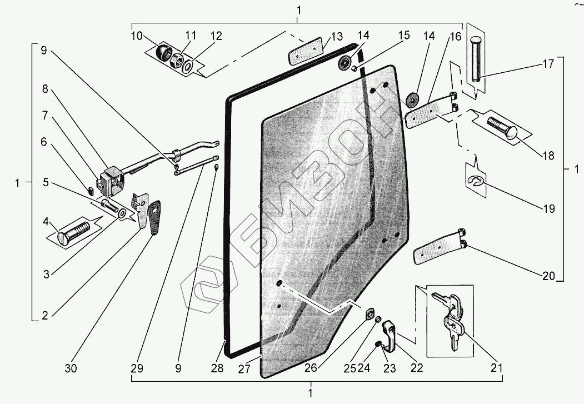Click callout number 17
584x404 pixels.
548,64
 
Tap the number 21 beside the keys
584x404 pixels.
496,368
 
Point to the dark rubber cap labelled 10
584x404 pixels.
164,54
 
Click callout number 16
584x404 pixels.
455,37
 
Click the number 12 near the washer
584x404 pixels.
216,37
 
